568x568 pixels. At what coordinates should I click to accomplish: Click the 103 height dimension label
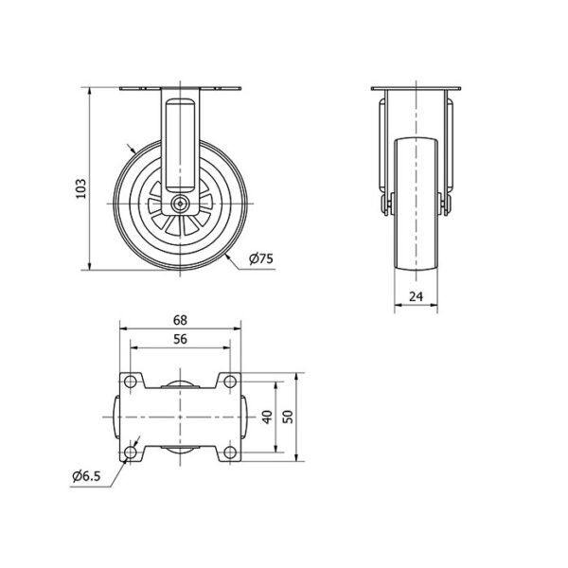pos(81,188)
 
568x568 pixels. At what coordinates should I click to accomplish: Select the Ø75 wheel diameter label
pos(261,258)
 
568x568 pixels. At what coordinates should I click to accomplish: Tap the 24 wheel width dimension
pos(416,296)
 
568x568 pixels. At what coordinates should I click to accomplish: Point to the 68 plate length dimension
pos(180,320)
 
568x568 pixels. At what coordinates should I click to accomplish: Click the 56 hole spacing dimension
pos(180,340)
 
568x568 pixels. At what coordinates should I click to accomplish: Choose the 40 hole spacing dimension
pos(267,417)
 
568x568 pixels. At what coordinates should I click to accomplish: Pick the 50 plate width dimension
pos(288,417)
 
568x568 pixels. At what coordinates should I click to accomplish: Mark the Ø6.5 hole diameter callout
pos(86,476)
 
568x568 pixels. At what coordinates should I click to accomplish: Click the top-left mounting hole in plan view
pos(130,382)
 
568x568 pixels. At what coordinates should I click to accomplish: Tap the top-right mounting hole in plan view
pos(230,382)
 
